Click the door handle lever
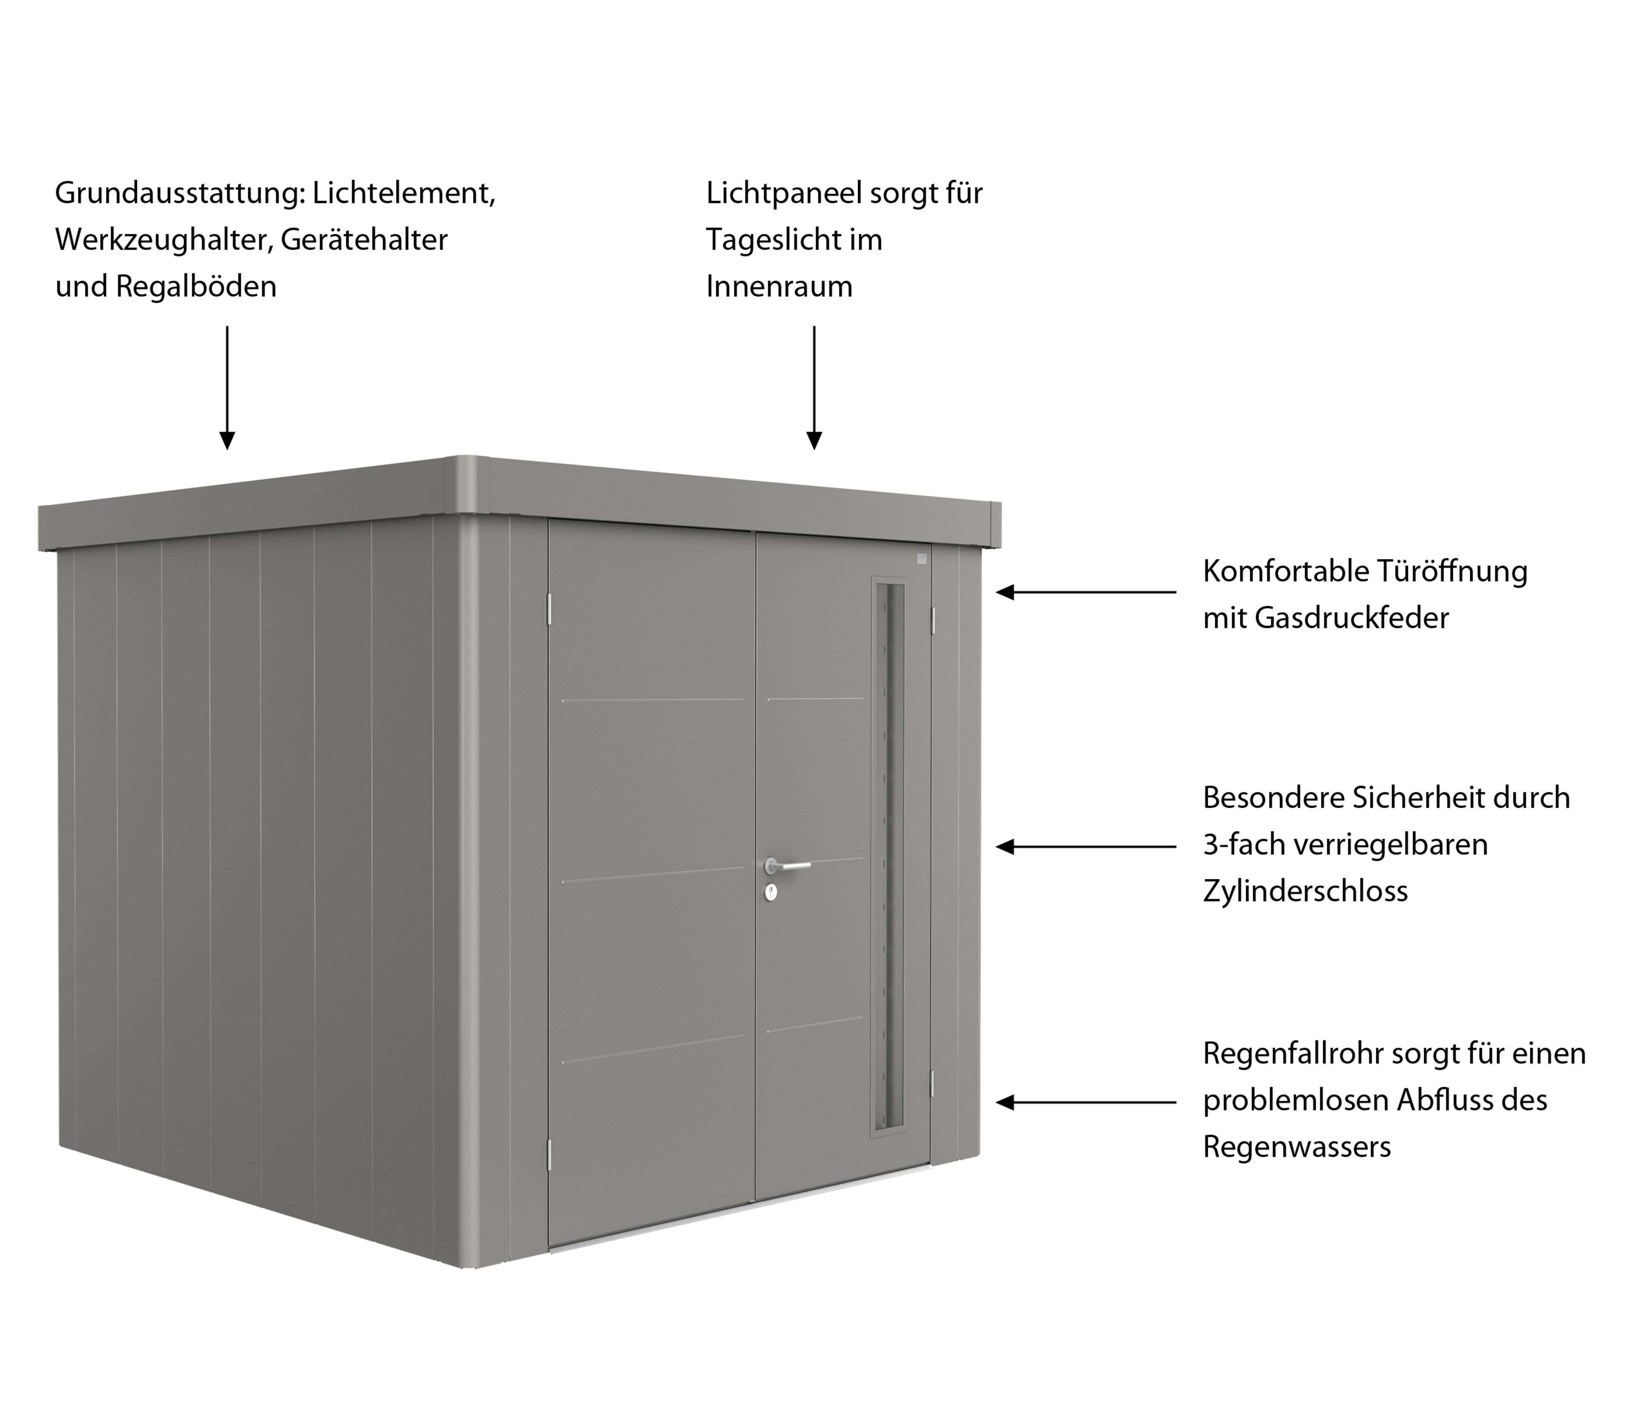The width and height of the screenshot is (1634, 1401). (788, 866)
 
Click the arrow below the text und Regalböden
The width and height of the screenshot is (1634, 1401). (227, 387)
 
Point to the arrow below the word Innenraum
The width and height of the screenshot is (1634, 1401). (814, 387)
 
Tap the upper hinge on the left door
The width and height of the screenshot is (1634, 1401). (550, 606)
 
